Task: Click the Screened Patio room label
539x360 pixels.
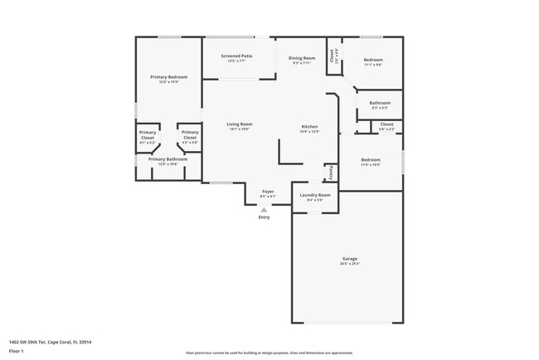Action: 236,56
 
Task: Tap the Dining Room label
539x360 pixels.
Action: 302,58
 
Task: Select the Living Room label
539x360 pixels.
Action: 240,124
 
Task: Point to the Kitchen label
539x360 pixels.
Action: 309,126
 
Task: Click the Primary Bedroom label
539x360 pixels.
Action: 168,77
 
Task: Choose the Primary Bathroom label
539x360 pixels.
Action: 168,159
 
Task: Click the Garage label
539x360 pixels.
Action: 349,259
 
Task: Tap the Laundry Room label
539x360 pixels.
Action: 314,195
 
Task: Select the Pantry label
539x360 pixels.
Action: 330,173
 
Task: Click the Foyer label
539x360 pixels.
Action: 268,192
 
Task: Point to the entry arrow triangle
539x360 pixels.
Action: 264,210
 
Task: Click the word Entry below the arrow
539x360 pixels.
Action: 264,217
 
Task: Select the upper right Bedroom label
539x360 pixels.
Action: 373,60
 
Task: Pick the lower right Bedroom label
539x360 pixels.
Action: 370,159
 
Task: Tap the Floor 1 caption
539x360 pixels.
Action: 17,351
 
